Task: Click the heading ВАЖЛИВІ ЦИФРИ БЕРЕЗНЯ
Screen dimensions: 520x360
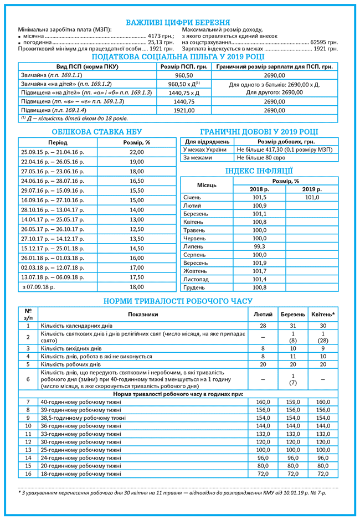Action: coord(178,22)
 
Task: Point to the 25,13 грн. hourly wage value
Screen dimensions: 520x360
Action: coord(161,42)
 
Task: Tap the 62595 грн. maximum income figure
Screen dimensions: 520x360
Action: coord(324,42)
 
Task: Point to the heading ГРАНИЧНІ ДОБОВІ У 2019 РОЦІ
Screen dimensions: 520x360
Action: coord(259,131)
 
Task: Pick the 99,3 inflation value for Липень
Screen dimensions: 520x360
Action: coord(259,246)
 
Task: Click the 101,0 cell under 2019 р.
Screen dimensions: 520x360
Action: coord(312,197)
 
